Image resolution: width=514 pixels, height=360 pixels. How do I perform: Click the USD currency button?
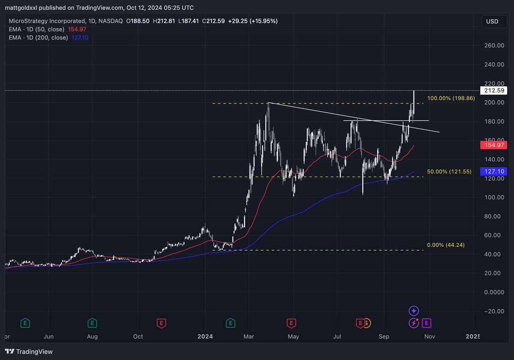coord(492,21)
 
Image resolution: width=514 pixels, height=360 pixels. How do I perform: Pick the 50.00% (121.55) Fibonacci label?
coord(449,171)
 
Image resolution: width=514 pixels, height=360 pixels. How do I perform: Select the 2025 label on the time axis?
coord(473,336)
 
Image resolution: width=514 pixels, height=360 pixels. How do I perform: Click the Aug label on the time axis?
coord(93,336)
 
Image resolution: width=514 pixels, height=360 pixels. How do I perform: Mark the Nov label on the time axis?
coord(430,336)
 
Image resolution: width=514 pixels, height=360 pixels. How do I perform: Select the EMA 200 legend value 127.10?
coord(79,37)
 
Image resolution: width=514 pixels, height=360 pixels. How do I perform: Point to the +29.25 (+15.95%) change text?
coord(253,21)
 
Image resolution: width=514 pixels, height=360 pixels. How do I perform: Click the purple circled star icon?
coord(413,311)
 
